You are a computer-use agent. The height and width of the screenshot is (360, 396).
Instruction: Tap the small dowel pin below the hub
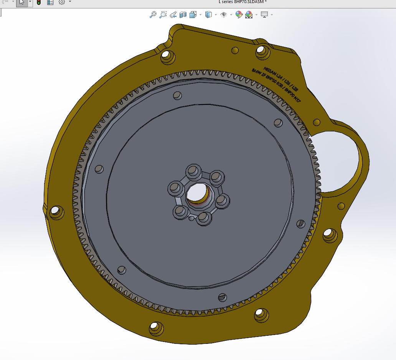pos(191,219)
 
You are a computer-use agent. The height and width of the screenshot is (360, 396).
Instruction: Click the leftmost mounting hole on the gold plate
pos(56,211)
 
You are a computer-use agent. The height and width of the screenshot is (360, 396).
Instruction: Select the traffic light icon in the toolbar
pos(39,2)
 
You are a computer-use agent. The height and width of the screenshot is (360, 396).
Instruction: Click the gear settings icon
pos(61,2)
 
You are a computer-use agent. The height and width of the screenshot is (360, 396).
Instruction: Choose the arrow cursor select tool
pos(22,2)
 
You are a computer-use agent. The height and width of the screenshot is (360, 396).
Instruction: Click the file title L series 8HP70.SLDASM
pos(242,2)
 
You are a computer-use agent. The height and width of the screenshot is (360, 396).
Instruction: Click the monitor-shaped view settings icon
pos(264,15)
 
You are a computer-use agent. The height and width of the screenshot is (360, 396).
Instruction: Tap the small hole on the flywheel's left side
pos(99,169)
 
